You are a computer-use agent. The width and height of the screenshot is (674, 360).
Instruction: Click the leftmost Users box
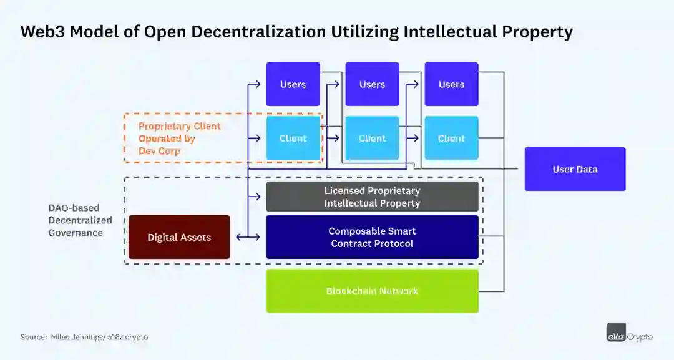click(x=293, y=84)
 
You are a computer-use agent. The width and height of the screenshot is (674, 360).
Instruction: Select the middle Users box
click(x=372, y=84)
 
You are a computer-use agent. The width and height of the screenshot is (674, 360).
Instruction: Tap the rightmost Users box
click(x=451, y=84)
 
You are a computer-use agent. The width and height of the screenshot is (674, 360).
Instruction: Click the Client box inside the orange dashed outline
click(x=293, y=138)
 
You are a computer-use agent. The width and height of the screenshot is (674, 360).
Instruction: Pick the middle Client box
click(x=372, y=138)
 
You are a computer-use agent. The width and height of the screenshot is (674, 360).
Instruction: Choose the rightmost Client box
click(x=451, y=138)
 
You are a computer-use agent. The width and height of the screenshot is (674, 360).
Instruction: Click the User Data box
click(x=575, y=169)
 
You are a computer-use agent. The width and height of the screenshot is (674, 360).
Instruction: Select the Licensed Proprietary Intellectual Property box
click(x=372, y=197)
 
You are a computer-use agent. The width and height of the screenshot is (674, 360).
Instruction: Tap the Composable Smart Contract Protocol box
click(x=372, y=237)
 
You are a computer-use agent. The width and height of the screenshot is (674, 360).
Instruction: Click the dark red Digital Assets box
click(x=179, y=237)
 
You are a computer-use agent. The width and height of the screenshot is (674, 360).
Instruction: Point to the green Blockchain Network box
click(x=372, y=291)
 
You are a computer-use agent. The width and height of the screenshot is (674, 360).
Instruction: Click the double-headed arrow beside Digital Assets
click(x=248, y=237)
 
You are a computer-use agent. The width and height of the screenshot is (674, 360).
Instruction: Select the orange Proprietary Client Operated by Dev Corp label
click(x=179, y=138)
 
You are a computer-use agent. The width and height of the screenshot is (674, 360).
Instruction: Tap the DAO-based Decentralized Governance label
click(x=80, y=220)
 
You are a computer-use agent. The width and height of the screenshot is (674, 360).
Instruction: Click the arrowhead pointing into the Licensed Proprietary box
click(x=257, y=197)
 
